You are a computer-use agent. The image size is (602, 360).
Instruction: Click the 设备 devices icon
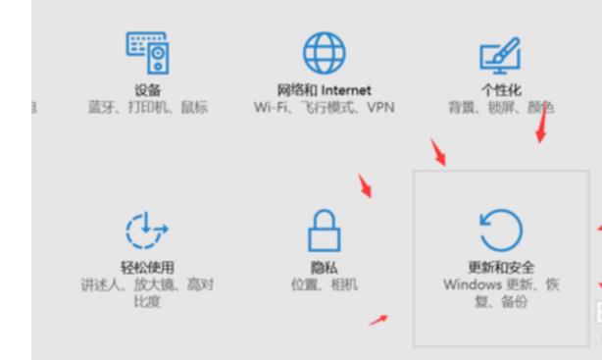point(147,52)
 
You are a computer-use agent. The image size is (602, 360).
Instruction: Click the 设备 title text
point(147,91)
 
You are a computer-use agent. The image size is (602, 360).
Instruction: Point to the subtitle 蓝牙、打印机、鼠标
point(147,107)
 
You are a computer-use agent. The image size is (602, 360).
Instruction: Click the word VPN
point(378,107)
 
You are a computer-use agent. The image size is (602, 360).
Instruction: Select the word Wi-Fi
point(267,107)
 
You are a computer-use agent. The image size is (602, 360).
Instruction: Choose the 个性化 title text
point(498,91)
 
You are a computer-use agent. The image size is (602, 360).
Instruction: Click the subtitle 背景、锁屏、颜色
point(498,107)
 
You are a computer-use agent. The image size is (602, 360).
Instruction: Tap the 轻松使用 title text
point(147,268)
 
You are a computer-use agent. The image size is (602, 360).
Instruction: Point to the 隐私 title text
point(323,268)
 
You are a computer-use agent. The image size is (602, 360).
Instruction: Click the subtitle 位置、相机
point(323,284)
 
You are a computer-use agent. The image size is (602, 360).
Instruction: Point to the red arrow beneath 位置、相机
point(378,320)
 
